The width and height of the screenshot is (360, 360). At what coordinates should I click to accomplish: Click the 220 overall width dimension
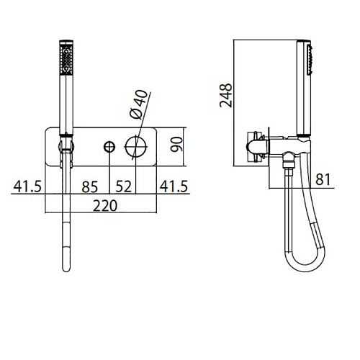[x=105, y=206]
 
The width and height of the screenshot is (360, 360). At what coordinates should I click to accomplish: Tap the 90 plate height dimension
[x=176, y=144]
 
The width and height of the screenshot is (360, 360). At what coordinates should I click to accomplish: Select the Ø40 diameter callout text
[x=138, y=104]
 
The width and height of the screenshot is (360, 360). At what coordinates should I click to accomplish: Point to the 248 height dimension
[x=226, y=95]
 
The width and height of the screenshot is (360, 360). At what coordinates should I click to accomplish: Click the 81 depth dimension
[x=323, y=179]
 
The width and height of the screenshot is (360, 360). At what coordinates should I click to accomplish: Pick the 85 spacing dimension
[x=90, y=187]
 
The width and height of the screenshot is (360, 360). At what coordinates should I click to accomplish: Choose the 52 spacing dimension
[x=123, y=186]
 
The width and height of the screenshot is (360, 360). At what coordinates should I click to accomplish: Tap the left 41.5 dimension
[x=27, y=186]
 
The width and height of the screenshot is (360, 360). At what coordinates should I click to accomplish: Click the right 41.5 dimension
[x=174, y=186]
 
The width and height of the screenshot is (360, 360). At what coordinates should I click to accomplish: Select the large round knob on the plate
[x=135, y=146]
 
